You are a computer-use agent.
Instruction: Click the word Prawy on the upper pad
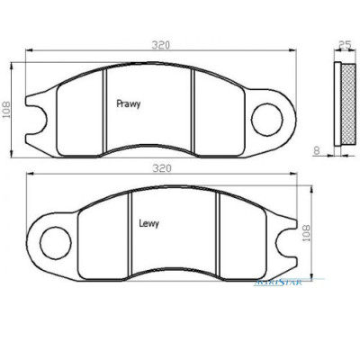pyautogui.click(x=129, y=104)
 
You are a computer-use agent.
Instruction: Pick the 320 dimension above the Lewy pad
pyautogui.click(x=162, y=167)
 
